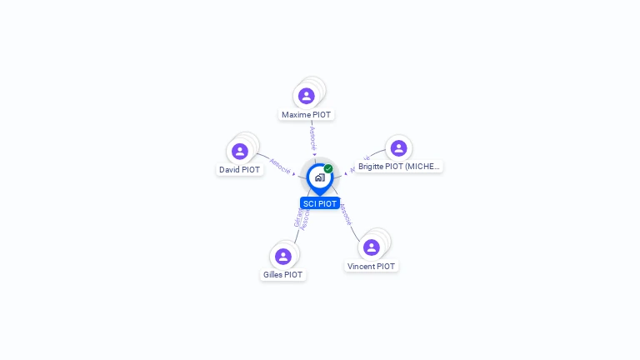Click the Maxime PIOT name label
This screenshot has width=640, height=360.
coord(307,114)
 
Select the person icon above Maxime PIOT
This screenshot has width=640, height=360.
coord(307,96)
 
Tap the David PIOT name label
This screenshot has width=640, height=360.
coord(240,169)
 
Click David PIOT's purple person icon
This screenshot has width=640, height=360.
coord(240,151)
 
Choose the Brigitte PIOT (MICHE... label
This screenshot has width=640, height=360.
coord(398,166)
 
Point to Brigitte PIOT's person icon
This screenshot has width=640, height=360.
coord(398,147)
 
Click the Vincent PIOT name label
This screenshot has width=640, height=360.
coord(371,266)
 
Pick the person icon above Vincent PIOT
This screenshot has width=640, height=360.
coord(371,247)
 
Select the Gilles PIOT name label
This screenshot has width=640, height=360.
coord(282,274)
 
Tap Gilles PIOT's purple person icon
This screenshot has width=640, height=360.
coord(282,256)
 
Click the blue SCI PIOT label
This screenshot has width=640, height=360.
coord(320,203)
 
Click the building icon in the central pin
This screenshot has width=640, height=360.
coord(319,177)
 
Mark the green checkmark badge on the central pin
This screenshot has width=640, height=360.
coord(328,168)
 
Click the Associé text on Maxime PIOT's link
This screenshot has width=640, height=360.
coord(312,137)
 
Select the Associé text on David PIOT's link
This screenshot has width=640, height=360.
coord(280,166)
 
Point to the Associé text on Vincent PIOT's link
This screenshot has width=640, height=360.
coord(346,214)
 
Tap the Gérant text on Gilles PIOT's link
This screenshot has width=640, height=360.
coord(297,216)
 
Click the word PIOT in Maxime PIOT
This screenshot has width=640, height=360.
coord(321,114)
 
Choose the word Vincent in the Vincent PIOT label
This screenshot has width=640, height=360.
coord(362,266)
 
